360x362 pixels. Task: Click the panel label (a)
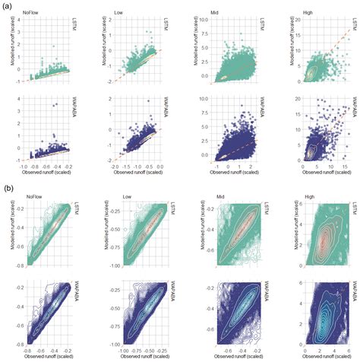pos(6,5)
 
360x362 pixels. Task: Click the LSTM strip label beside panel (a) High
pos(354,27)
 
